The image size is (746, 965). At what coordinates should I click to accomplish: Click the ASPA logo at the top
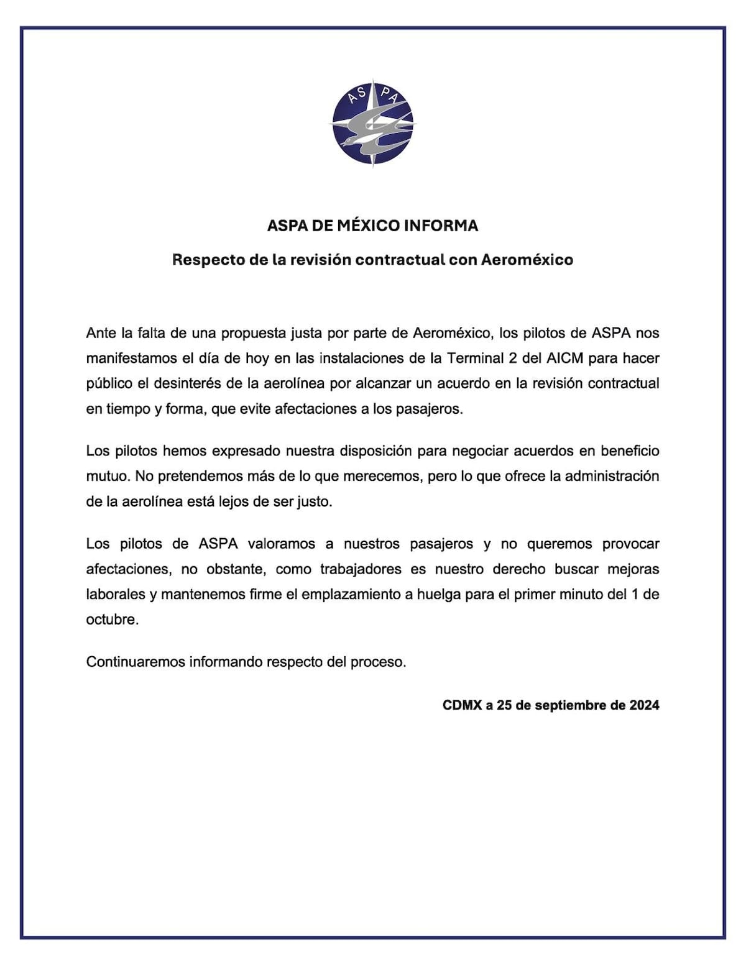pyautogui.click(x=373, y=123)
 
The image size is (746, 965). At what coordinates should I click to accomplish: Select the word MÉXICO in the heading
pyautogui.click(x=369, y=226)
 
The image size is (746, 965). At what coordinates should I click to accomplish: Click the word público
pyautogui.click(x=109, y=384)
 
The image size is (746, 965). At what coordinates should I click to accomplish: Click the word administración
pyautogui.click(x=607, y=477)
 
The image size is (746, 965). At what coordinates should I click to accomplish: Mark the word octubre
pyautogui.click(x=112, y=620)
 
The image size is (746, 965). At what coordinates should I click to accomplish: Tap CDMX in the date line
pyautogui.click(x=462, y=705)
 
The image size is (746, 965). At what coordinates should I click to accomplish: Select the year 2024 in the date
pyautogui.click(x=644, y=705)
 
